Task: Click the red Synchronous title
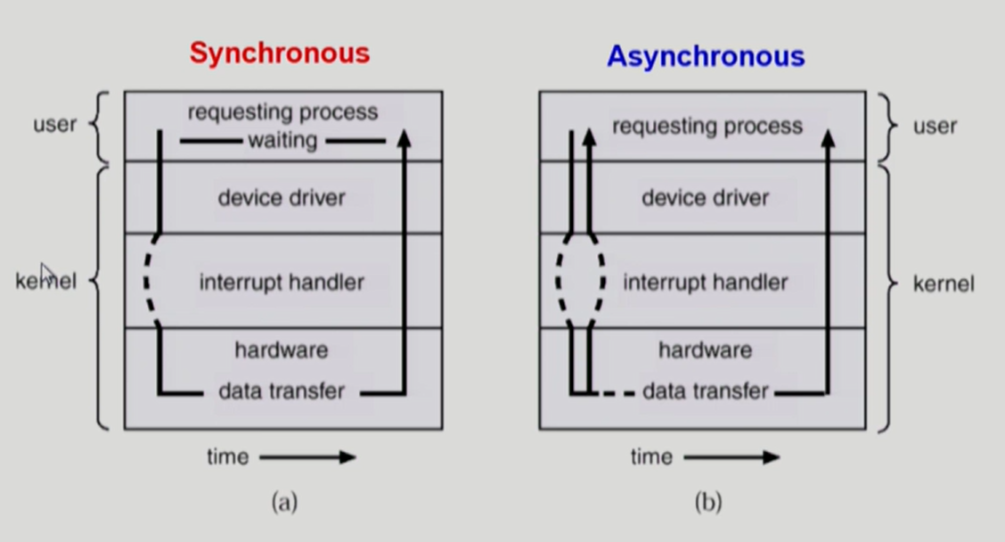[279, 53]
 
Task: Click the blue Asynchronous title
[706, 57]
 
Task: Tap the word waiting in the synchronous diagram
[282, 141]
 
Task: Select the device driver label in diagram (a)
[282, 197]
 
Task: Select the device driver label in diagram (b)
[705, 197]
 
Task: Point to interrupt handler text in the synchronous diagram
[282, 283]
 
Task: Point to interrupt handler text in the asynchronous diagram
[705, 283]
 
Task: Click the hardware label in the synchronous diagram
[282, 350]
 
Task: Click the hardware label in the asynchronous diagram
[705, 350]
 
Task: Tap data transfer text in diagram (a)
[282, 391]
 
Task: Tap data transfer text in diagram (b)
[705, 391]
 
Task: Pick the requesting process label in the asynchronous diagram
[707, 127]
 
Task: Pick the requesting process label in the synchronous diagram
[282, 112]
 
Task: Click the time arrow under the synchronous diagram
[307, 457]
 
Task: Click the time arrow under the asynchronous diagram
[731, 457]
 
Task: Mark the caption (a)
[284, 502]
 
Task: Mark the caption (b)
[707, 502]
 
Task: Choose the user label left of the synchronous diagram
[55, 124]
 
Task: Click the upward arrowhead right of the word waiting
[404, 138]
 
